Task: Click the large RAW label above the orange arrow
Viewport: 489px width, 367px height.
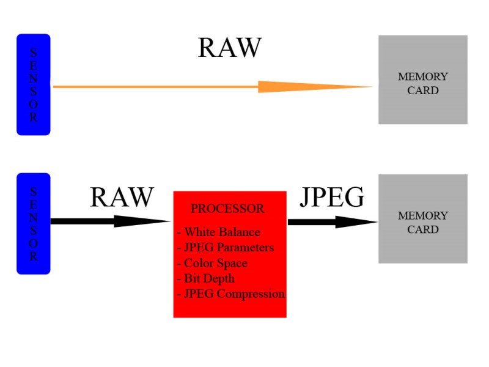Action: coord(230,48)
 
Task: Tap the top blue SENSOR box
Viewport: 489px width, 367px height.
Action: coord(33,84)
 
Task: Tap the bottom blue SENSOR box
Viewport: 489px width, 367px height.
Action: coord(33,223)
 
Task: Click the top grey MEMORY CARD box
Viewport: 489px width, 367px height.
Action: coord(423,80)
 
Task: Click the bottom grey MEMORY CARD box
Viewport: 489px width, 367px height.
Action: coord(423,218)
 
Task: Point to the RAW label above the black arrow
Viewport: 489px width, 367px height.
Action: coord(122,198)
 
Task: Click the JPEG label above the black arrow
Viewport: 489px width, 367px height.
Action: coord(332,198)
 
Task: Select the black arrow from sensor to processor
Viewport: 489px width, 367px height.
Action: coord(110,221)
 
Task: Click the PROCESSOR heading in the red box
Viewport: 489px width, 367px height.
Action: coord(227,209)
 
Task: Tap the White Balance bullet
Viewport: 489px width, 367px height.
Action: coord(218,232)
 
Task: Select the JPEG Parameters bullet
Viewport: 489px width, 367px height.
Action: coord(225,248)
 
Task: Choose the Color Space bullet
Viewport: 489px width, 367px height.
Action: coord(212,263)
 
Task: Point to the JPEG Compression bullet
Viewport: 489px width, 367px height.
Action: coord(230,294)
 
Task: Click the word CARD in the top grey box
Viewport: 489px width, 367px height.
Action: coord(423,91)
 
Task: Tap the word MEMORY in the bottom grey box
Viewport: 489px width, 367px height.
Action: coord(423,216)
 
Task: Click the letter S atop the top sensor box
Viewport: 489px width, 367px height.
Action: coord(33,51)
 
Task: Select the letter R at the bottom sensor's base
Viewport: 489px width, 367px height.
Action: coord(33,257)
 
